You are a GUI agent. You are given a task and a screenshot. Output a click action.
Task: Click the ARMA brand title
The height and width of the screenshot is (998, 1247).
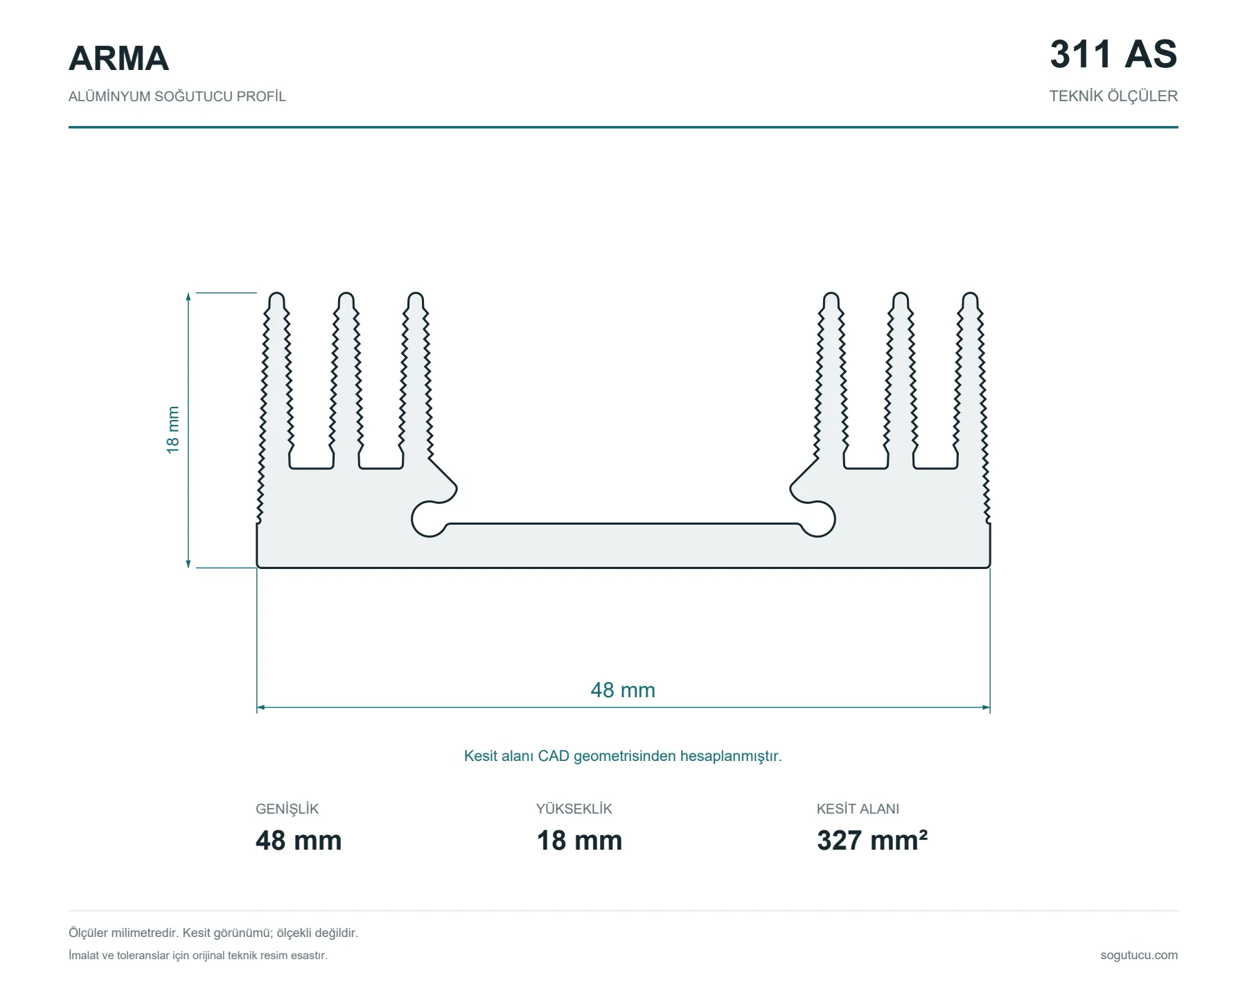(118, 58)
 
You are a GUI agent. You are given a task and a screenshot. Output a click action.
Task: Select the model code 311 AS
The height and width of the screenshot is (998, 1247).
(1113, 54)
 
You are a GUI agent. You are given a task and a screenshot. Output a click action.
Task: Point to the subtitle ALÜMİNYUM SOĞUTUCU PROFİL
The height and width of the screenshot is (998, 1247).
(177, 96)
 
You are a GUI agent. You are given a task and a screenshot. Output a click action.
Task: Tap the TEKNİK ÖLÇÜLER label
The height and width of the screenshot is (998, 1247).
(1113, 96)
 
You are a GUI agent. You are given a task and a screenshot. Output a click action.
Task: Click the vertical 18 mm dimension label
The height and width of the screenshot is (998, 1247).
(173, 430)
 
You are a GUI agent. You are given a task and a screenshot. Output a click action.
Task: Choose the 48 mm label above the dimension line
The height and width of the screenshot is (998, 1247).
(623, 690)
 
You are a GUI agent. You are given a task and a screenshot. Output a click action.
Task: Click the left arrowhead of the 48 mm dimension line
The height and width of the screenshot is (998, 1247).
(260, 708)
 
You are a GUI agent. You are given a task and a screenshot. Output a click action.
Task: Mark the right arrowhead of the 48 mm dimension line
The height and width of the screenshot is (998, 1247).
(987, 708)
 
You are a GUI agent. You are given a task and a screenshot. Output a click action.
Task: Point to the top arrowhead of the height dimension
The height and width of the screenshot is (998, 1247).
(188, 297)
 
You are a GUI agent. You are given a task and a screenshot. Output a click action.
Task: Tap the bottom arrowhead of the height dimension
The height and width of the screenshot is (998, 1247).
(188, 563)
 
